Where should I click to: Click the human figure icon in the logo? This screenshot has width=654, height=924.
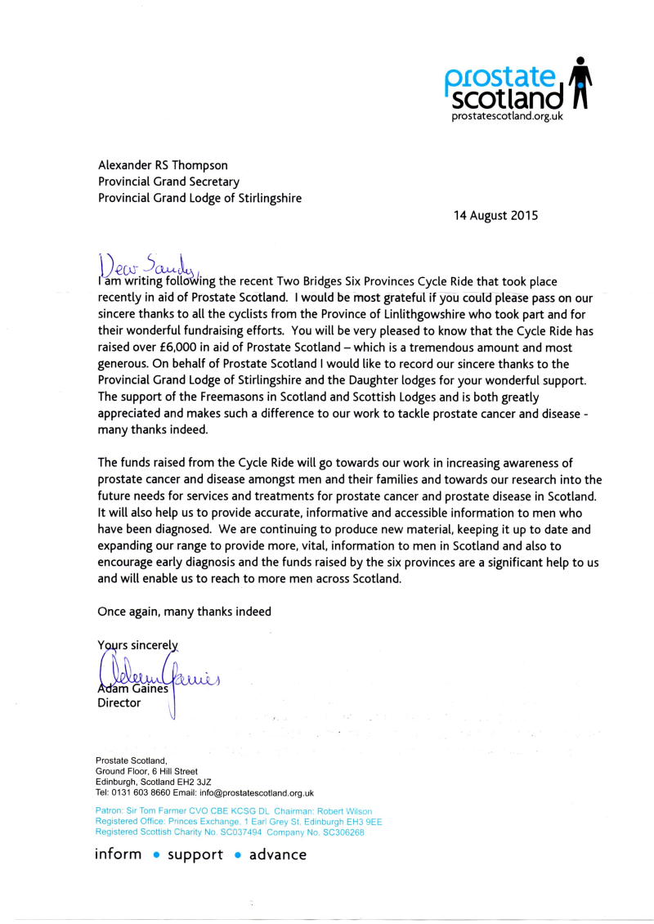point(580,83)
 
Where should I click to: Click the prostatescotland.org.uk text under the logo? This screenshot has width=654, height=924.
point(507,116)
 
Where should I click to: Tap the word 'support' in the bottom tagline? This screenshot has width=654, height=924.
point(195,855)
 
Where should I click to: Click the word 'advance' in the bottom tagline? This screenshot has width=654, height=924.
point(278,855)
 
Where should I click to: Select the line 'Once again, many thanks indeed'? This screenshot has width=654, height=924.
point(184,611)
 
